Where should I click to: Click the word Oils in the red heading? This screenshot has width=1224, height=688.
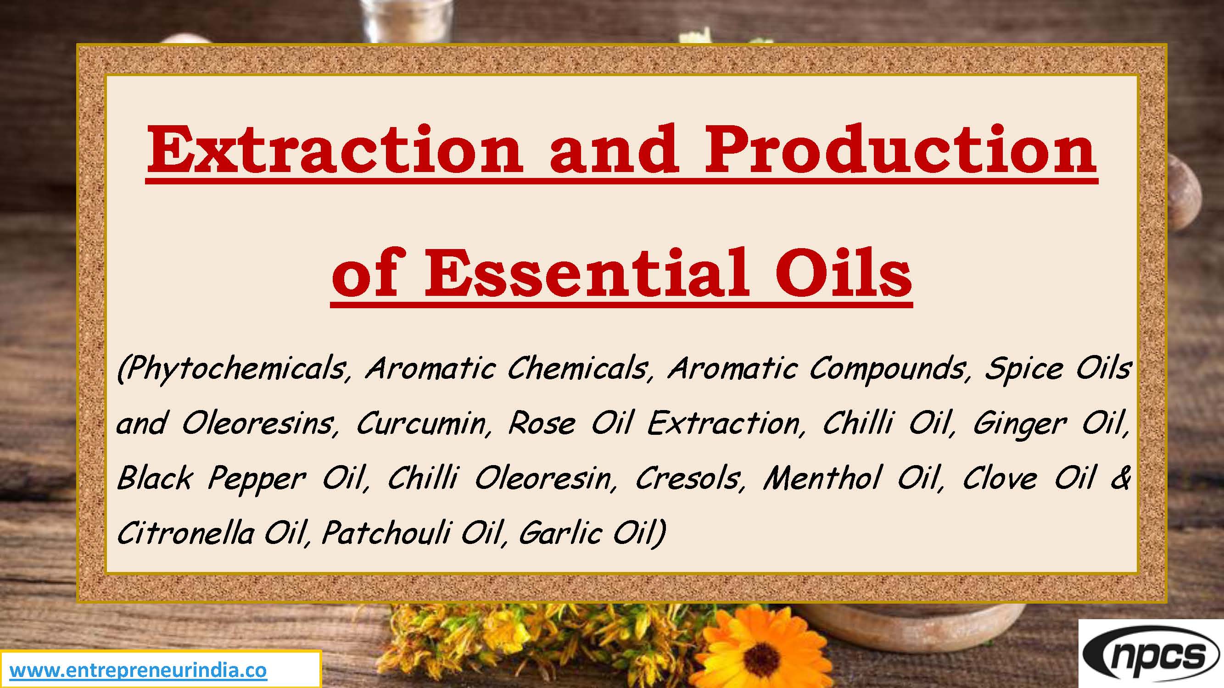tap(843, 274)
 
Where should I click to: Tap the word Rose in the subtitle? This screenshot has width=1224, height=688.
tap(541, 423)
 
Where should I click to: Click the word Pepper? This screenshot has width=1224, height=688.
tap(257, 478)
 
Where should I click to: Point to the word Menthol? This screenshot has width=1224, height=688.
tap(822, 478)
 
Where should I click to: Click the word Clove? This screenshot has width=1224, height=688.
tap(1000, 478)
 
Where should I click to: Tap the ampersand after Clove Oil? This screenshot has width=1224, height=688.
tap(1120, 478)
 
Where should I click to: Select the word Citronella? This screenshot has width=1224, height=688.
tap(185, 533)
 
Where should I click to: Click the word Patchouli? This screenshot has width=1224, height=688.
tap(386, 533)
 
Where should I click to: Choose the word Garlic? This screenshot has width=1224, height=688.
tap(559, 533)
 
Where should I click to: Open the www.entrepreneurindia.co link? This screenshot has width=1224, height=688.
tap(138, 671)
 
